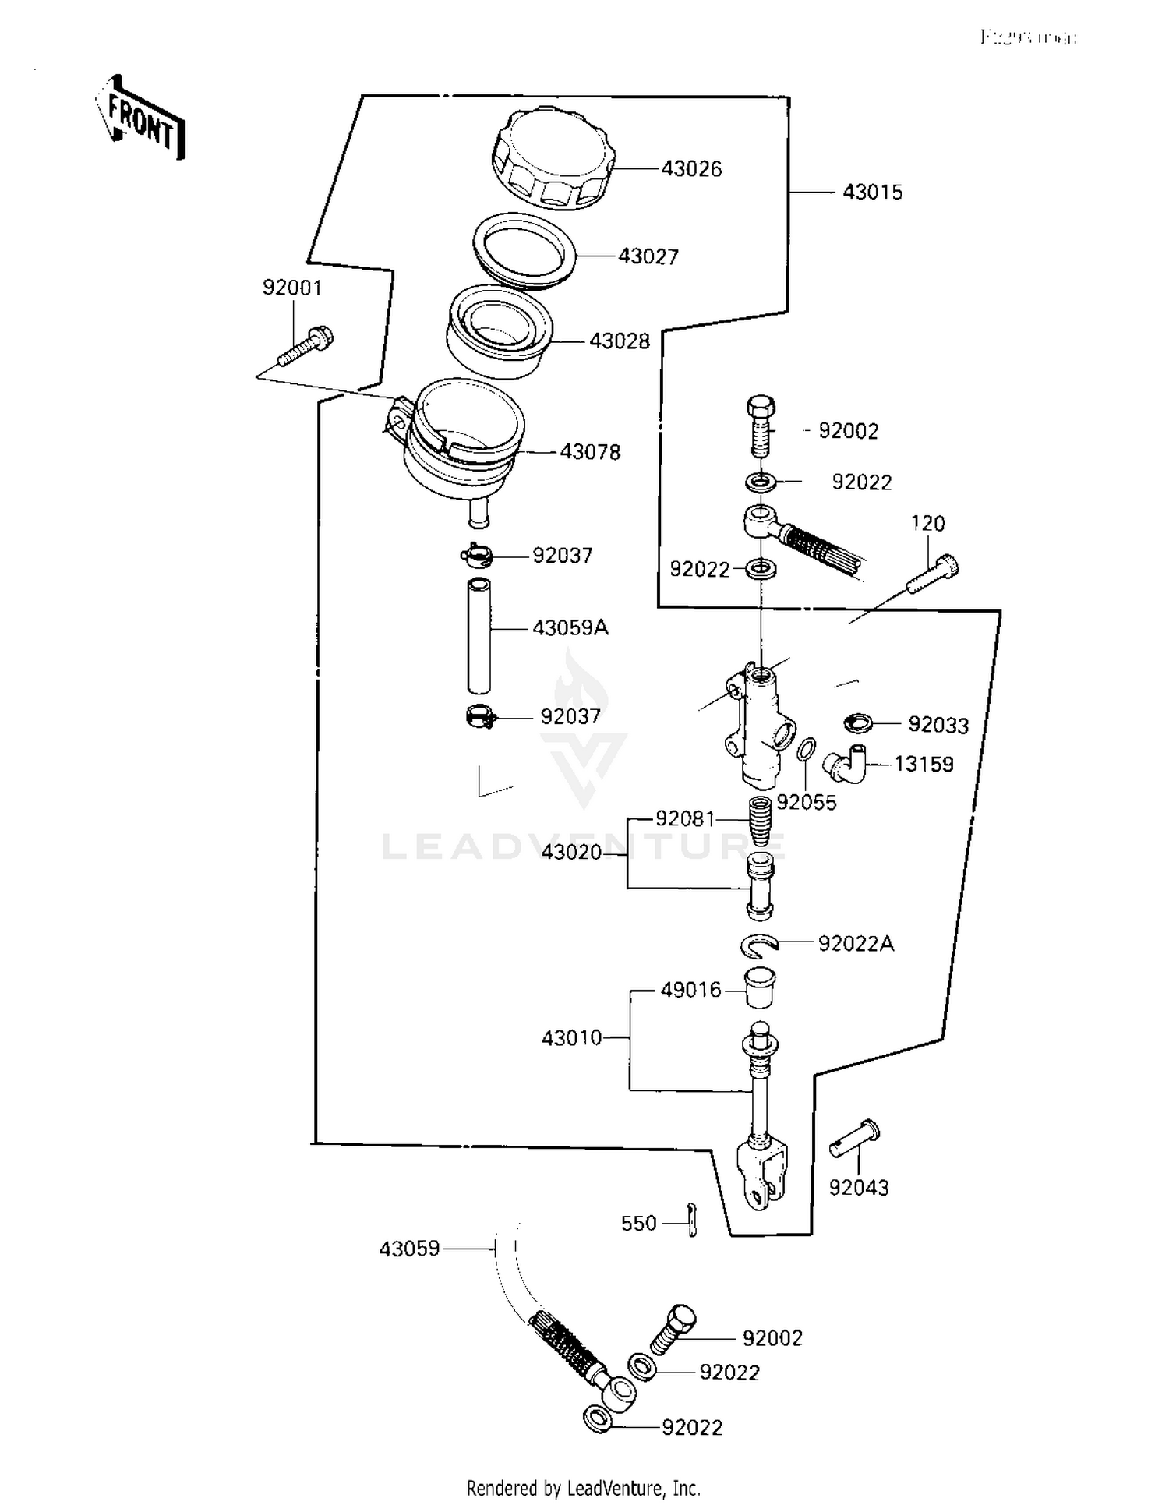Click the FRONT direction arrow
click(140, 119)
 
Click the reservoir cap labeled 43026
click(553, 161)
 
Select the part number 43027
click(648, 256)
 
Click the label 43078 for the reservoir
click(590, 452)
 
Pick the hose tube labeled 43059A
click(479, 635)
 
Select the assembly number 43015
click(872, 193)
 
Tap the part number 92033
click(938, 726)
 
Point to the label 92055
click(806, 803)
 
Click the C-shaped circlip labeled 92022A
click(758, 945)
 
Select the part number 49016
click(690, 990)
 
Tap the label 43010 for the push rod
click(572, 1038)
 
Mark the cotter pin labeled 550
click(692, 1222)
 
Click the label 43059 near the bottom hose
click(409, 1249)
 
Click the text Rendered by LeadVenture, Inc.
click(584, 1489)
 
